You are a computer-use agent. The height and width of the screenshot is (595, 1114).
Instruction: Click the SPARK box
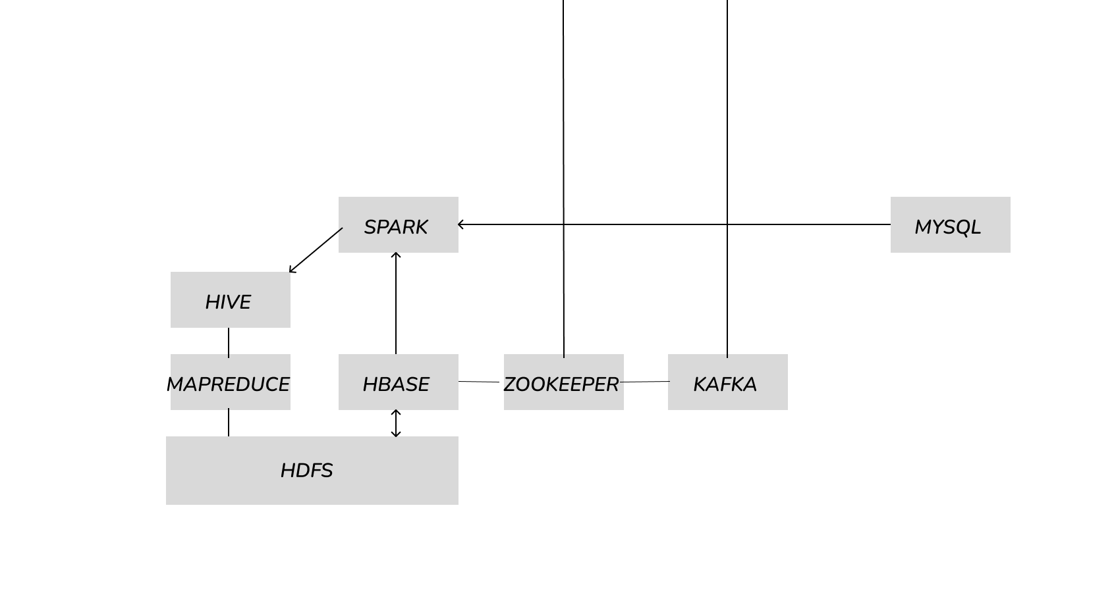tap(398, 224)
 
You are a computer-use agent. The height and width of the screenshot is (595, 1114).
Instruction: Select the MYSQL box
tap(949, 224)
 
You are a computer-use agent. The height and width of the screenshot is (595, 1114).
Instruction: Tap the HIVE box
tap(230, 299)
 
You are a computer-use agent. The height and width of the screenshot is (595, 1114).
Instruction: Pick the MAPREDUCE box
tap(230, 382)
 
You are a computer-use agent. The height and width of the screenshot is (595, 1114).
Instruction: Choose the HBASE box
tap(398, 382)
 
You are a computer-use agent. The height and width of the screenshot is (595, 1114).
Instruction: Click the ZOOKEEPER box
tap(563, 382)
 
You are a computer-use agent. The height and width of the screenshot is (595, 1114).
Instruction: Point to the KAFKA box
tap(727, 382)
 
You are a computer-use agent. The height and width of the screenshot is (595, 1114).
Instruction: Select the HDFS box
tap(312, 470)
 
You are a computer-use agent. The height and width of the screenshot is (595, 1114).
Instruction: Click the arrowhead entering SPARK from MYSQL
tap(460, 224)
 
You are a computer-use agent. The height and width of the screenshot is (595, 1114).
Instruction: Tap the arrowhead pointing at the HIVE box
tap(291, 271)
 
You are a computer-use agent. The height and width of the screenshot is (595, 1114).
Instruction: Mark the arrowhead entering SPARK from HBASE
tap(396, 254)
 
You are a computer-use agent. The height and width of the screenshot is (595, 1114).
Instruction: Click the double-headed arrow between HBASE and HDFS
tap(396, 423)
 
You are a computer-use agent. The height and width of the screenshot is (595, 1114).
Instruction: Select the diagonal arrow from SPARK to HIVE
tap(316, 249)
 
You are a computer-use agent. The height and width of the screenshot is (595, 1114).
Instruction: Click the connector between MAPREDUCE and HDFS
tap(229, 423)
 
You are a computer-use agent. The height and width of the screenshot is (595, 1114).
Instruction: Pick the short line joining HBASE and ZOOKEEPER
tap(479, 382)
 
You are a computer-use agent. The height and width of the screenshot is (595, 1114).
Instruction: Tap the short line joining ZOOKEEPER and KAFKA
tap(645, 382)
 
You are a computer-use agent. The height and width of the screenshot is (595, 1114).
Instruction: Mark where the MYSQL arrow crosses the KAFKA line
tap(727, 224)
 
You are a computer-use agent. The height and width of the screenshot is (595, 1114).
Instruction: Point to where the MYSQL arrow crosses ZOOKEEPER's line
tap(563, 224)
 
